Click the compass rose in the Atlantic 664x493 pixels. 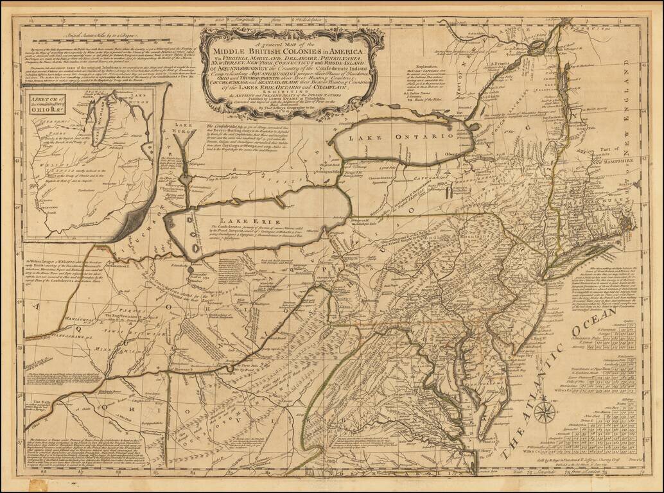545,409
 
